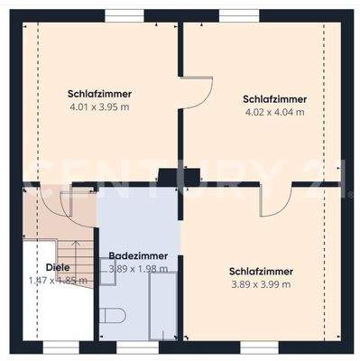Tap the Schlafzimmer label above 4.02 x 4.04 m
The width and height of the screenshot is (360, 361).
pyautogui.click(x=274, y=99)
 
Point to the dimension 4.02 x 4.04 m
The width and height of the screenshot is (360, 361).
pyautogui.click(x=274, y=113)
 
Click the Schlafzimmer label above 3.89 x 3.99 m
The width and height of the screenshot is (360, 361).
pyautogui.click(x=261, y=271)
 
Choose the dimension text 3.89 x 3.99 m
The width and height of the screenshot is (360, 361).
pyautogui.click(x=261, y=284)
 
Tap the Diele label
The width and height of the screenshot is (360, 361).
pyautogui.click(x=57, y=267)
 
